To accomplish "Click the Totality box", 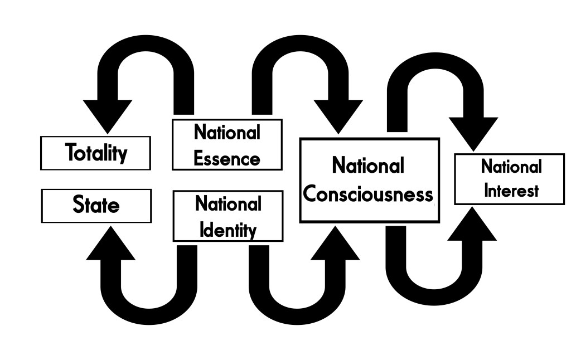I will tap(95, 153).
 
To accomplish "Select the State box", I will tap(96, 206).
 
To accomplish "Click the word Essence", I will tap(227, 158).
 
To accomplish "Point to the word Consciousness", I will tap(368, 194).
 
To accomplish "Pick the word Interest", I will tap(511, 191).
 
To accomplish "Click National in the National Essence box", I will tap(227, 133).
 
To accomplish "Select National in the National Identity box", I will tap(228, 204).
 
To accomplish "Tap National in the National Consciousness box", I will tap(368, 166).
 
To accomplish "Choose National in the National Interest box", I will tap(511, 167).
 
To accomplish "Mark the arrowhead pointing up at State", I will tap(110, 245).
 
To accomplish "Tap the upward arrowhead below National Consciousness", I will tap(335, 245).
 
